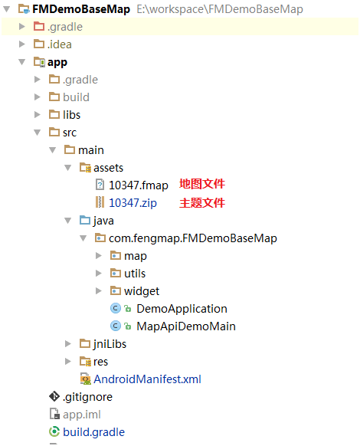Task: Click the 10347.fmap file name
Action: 139,185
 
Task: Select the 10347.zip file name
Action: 133,203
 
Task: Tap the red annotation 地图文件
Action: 202,184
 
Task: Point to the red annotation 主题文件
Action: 202,203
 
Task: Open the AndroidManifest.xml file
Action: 147,379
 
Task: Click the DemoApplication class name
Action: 182,309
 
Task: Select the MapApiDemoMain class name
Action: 186,326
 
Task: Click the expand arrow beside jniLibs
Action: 67,344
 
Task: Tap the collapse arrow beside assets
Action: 67,168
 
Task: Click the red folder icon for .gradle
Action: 39,27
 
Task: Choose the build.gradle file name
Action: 93,432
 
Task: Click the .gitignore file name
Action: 87,397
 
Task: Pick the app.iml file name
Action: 82,415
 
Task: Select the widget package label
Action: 142,291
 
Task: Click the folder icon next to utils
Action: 116,273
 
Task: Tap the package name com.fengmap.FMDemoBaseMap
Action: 193,238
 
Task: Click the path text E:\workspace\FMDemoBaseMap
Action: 220,9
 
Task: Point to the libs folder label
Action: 72,115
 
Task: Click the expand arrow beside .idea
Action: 22,44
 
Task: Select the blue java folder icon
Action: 85,220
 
